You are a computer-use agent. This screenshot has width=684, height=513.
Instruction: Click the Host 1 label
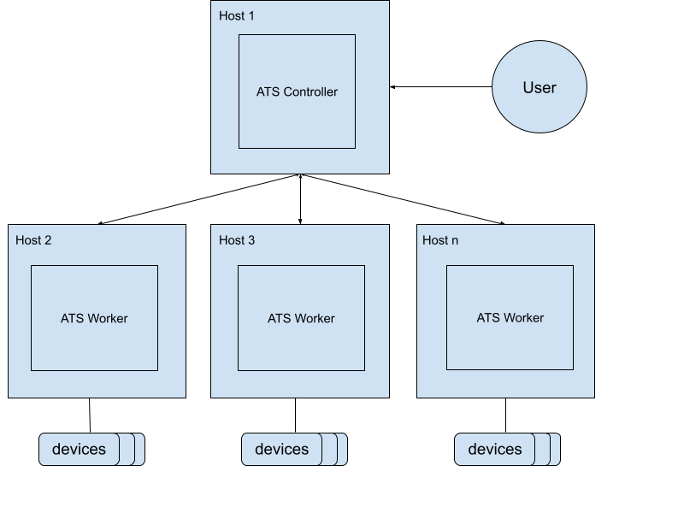click(237, 15)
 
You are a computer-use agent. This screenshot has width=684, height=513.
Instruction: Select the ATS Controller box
click(297, 91)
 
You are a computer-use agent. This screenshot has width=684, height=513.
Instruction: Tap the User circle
click(540, 88)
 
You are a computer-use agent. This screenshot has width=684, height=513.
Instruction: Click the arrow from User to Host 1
click(440, 86)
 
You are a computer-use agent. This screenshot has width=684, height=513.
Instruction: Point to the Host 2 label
click(33, 240)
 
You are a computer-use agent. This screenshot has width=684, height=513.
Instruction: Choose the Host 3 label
click(237, 240)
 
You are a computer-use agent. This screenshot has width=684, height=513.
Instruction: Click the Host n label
click(440, 240)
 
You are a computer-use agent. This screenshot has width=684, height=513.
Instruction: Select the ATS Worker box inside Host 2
click(94, 318)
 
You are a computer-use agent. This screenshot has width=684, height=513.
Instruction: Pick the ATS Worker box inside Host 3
click(301, 318)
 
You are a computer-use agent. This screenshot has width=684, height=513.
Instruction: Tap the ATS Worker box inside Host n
click(510, 318)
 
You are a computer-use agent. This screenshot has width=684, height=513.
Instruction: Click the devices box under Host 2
click(80, 449)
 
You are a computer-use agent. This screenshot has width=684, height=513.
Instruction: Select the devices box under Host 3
click(282, 449)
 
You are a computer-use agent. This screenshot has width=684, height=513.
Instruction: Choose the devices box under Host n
click(495, 449)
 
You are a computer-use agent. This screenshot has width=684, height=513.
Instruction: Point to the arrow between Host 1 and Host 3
click(300, 199)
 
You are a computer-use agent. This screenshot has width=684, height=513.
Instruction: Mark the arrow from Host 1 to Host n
click(402, 199)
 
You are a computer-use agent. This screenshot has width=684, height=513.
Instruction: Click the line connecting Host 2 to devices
click(90, 416)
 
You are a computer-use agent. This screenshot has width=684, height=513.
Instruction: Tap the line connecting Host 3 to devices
click(295, 416)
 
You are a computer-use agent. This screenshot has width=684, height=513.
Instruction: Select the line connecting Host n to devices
click(505, 416)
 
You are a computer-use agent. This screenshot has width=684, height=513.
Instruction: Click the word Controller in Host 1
click(310, 91)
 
